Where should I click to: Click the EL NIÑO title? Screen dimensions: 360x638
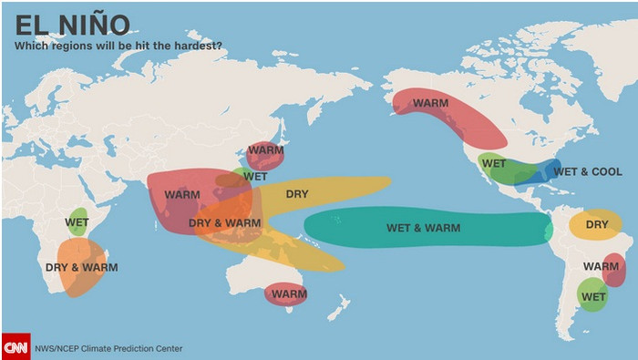[x=72, y=25]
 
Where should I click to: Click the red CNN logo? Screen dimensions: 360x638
[x=15, y=346]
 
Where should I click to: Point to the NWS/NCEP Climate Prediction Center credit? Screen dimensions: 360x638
[x=108, y=348]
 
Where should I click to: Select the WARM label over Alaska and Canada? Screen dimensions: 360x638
[x=430, y=103]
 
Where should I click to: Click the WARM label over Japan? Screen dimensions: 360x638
[x=266, y=150]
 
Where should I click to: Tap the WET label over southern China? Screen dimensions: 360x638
[x=255, y=176]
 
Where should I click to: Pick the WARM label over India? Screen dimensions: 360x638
[x=182, y=195]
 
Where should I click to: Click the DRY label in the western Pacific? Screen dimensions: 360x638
[x=297, y=194]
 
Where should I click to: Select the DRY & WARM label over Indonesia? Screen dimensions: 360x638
[x=224, y=222]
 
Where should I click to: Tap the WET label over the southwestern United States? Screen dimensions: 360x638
[x=494, y=164]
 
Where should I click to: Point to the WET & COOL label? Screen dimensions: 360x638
[x=588, y=171]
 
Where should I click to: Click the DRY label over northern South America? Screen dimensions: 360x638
[x=597, y=224]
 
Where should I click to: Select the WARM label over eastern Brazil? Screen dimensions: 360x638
[x=601, y=266]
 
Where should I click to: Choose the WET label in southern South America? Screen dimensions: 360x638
[x=593, y=297]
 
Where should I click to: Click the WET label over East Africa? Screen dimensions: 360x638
[x=77, y=221]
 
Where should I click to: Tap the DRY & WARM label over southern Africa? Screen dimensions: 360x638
[x=81, y=268]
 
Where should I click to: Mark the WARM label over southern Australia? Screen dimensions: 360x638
[x=289, y=294]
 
